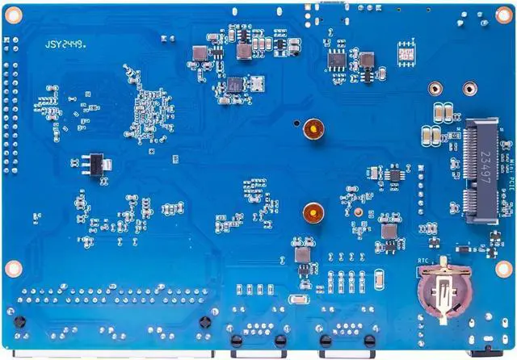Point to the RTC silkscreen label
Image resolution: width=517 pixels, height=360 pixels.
422,260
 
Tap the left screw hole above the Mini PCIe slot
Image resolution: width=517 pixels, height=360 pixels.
435,89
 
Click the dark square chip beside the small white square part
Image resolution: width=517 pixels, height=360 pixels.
235,83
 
